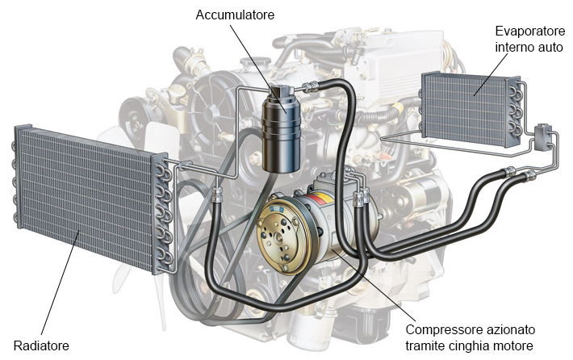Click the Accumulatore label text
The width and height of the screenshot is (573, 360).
(x=235, y=15)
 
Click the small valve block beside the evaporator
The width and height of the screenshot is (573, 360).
(x=543, y=135)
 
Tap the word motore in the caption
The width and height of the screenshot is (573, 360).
(x=515, y=346)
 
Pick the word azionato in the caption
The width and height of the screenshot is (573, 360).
(x=508, y=330)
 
